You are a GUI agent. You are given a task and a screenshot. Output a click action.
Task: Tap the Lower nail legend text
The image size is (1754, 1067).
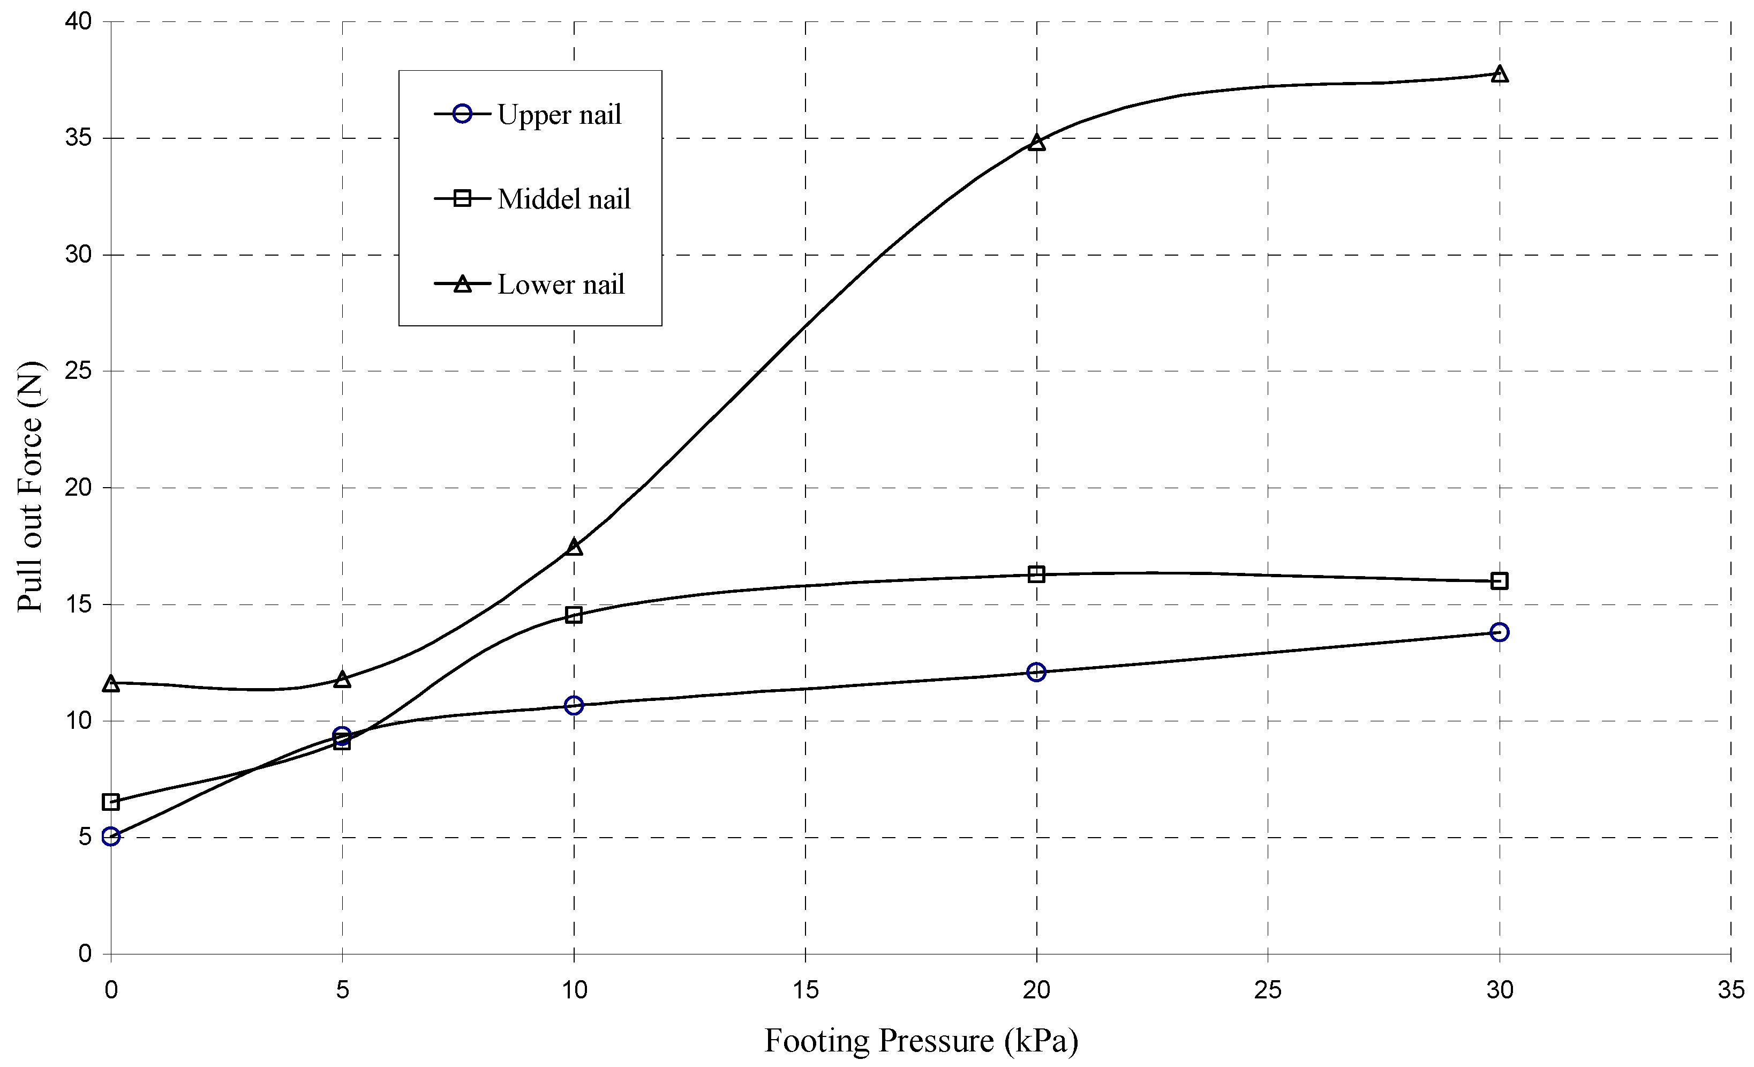[x=561, y=284]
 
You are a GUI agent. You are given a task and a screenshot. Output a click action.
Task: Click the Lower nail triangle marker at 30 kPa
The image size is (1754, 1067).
[x=1500, y=74]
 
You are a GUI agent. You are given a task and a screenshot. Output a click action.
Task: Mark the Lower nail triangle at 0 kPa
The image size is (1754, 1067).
[x=111, y=684]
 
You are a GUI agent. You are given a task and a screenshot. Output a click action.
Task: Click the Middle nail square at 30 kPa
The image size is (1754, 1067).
[x=1500, y=580]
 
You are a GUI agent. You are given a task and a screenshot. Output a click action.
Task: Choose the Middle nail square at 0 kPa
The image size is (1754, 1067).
[x=111, y=802]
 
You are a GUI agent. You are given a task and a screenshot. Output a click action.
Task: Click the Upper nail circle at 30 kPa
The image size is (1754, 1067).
[x=1500, y=632]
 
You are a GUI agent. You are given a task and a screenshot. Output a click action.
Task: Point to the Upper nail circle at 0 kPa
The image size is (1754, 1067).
[x=111, y=836]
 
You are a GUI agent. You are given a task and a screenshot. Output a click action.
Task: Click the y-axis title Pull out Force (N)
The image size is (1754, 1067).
[x=30, y=487]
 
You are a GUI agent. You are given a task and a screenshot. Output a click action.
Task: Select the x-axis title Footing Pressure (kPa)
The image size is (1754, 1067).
[x=921, y=1041]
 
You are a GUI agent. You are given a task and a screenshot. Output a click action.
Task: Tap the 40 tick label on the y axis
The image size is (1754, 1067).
[x=78, y=21]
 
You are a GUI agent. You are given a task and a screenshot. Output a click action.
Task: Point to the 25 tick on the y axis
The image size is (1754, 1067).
[x=78, y=371]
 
